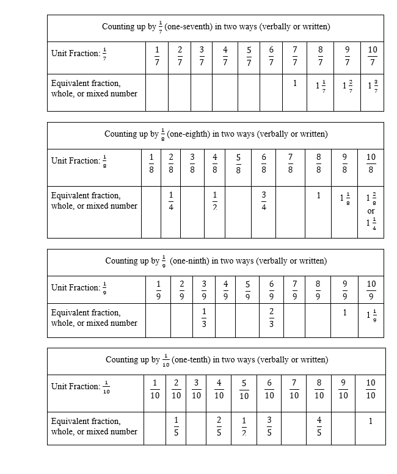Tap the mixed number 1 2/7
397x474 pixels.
346,87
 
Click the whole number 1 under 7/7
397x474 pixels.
294,84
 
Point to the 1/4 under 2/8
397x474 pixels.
171,201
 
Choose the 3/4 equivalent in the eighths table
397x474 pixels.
264,201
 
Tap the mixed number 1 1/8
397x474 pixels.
345,198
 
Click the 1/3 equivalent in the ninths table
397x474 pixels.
204,318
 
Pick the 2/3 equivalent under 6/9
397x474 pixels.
272,318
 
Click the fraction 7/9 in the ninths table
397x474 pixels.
294,290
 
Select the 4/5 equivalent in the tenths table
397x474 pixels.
319,426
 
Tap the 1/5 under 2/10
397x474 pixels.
177,426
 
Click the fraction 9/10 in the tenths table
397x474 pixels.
343,389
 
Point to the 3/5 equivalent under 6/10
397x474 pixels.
269,426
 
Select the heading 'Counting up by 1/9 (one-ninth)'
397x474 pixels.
216,261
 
